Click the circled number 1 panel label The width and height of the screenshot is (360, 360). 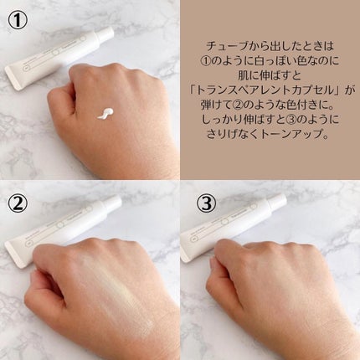pyautogui.click(x=18, y=20)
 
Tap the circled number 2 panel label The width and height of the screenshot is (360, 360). pyautogui.click(x=18, y=203)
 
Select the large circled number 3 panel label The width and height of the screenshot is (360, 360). pyautogui.click(x=207, y=203)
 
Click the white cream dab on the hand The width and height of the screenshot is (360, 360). pyautogui.click(x=105, y=113)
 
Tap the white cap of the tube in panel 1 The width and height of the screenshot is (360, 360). pyautogui.click(x=106, y=34)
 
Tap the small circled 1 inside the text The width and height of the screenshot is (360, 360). pyautogui.click(x=207, y=61)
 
